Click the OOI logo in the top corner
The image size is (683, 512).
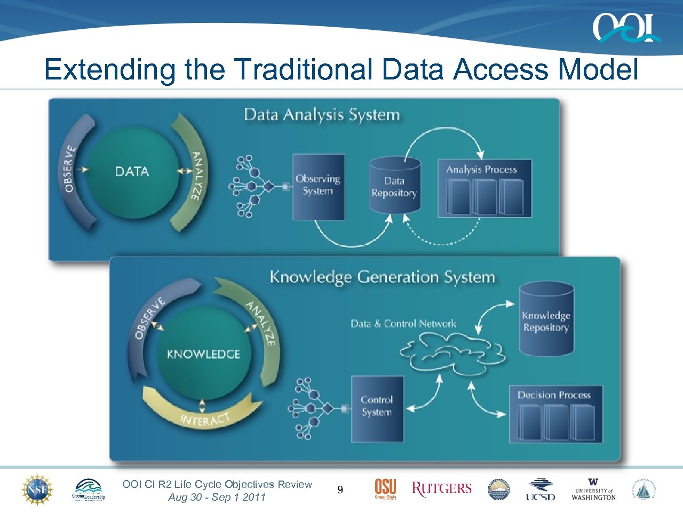625,28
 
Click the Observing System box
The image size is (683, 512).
318,187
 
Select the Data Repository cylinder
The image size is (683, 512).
394,185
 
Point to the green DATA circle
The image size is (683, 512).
132,172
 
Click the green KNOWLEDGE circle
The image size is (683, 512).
203,354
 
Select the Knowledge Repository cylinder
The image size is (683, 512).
546,320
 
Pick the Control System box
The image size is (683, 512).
377,409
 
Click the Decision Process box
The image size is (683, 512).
555,414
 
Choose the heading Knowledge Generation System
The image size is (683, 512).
382,277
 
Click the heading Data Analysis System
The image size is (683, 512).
321,115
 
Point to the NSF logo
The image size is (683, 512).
37,490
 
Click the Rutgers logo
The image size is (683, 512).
442,489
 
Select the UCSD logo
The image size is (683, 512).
540,490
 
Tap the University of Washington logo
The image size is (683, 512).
593,490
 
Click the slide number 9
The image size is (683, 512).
340,490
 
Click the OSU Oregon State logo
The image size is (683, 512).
385,489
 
